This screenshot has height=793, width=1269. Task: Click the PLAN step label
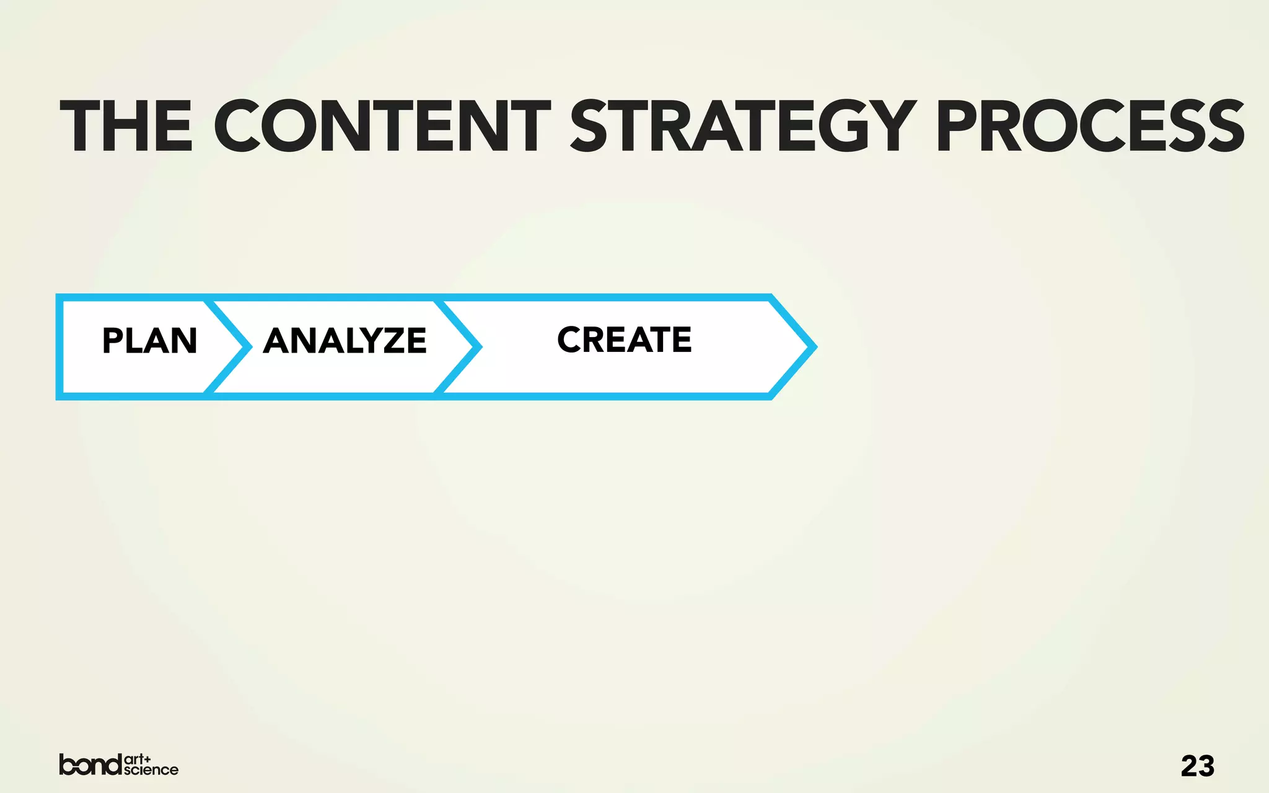point(149,341)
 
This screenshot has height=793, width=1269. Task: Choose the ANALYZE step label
point(345,341)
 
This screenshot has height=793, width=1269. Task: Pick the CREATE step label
point(624,340)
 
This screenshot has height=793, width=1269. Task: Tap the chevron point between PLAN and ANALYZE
point(248,347)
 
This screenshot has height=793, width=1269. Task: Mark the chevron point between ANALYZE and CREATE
point(478,347)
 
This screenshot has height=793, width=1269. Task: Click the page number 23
point(1197,766)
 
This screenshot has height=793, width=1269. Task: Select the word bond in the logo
point(90,765)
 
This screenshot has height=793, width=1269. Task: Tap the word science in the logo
point(151,770)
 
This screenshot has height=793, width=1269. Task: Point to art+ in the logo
point(138,759)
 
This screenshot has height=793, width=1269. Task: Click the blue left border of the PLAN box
point(59,347)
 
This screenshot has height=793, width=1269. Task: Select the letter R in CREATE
point(596,340)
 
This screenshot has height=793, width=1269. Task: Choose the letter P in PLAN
point(113,341)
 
